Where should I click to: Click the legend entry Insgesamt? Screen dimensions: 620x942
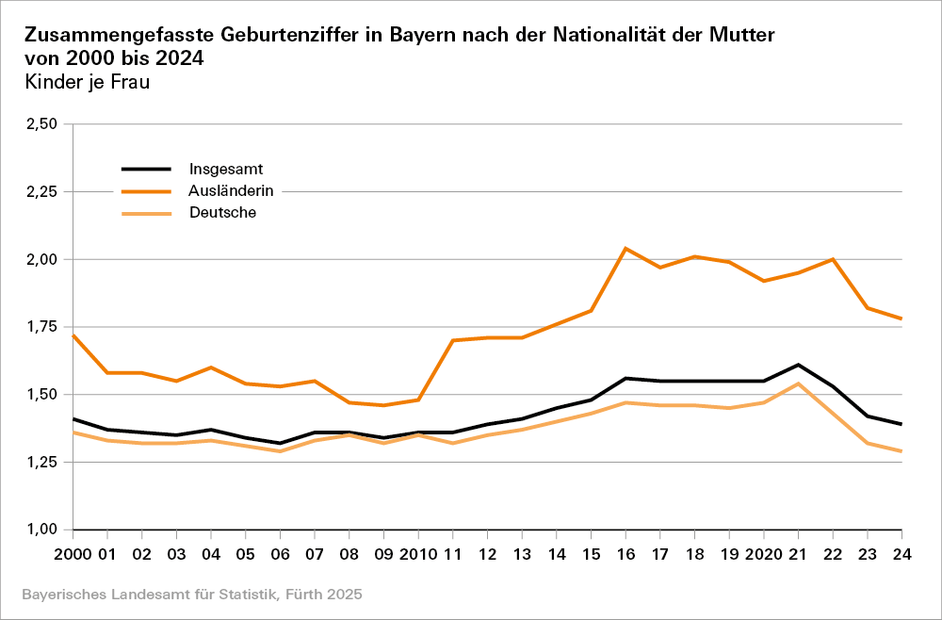(x=219, y=170)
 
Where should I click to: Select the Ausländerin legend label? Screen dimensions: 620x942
(x=231, y=191)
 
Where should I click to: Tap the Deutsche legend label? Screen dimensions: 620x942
(x=222, y=213)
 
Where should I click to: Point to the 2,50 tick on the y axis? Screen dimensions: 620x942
(x=41, y=124)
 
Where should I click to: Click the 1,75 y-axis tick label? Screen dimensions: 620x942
(x=41, y=327)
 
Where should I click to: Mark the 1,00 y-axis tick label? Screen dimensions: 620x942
(x=41, y=530)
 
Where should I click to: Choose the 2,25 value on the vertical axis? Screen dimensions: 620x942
(x=41, y=192)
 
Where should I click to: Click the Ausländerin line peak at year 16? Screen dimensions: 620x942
(x=625, y=249)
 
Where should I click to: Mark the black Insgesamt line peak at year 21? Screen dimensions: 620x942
(x=798, y=365)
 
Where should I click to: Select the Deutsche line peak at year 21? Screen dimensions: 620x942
(x=798, y=383)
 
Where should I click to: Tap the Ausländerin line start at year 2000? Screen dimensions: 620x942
(x=73, y=335)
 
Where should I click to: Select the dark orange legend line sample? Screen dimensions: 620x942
(x=146, y=191)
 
